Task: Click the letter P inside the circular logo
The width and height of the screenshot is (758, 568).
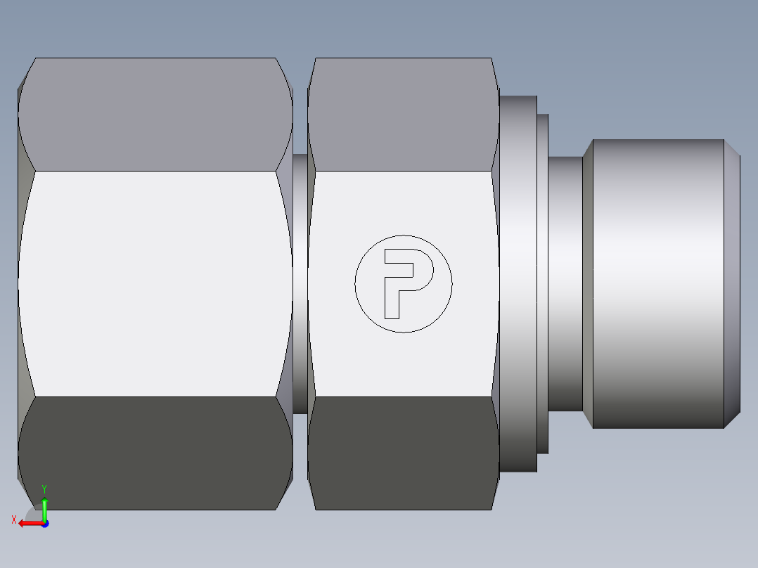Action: (392, 281)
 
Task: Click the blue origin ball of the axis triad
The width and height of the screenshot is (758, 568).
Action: (44, 523)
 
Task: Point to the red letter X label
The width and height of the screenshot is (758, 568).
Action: (13, 519)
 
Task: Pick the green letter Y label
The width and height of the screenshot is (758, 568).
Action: (44, 488)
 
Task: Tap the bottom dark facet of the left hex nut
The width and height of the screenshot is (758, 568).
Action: (155, 453)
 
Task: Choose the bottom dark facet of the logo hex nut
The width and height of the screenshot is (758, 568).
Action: (403, 453)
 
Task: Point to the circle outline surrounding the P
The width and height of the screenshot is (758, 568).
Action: (404, 235)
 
